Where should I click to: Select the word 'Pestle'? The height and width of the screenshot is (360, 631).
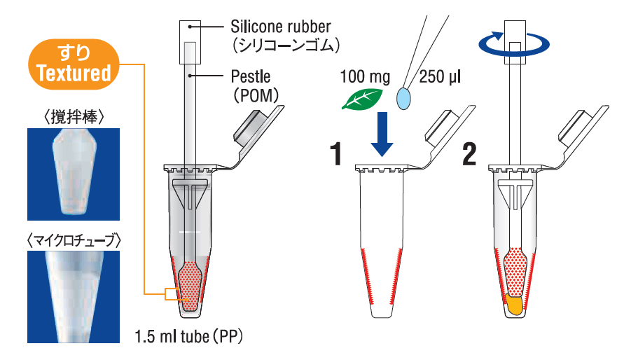click(x=250, y=75)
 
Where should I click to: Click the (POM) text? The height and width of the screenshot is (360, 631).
click(x=256, y=93)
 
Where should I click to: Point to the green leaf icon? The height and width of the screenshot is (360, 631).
click(x=362, y=99)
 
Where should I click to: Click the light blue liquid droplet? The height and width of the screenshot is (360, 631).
click(x=403, y=97)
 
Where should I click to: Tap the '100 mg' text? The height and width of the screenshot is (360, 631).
click(x=366, y=75)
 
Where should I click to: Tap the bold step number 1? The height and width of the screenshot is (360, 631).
click(x=338, y=154)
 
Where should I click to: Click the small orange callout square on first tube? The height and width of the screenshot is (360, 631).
click(x=171, y=294)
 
